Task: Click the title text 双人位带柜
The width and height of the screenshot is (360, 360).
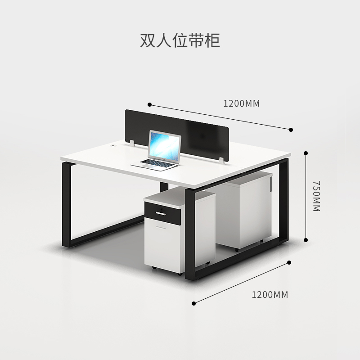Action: coord(180,40)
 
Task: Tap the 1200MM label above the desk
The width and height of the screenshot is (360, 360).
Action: coord(242,103)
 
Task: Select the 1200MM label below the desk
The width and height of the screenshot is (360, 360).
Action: coord(270,295)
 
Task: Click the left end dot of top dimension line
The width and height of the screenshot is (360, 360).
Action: coord(149,104)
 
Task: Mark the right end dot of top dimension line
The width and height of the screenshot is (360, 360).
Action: coord(291,130)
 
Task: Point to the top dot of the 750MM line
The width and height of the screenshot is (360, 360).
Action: coord(306,153)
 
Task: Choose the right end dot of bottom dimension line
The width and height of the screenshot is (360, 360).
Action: coord(289,262)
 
